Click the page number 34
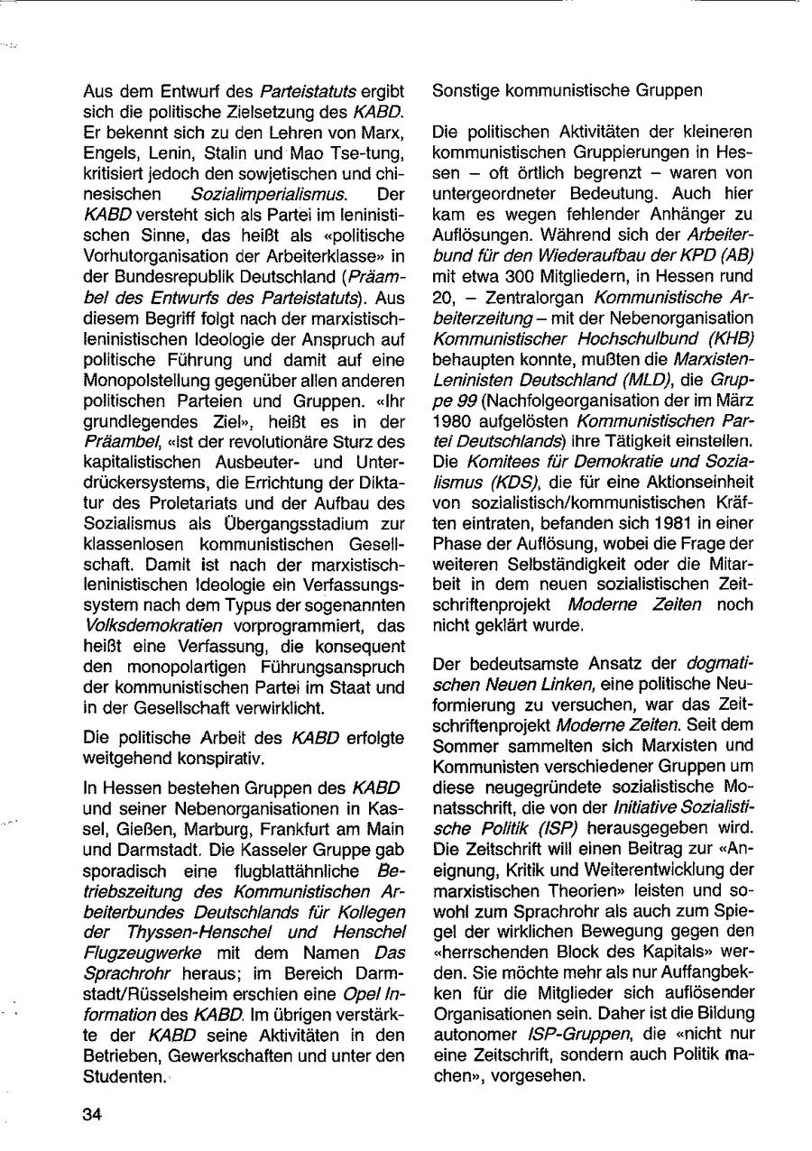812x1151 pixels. click(x=91, y=1113)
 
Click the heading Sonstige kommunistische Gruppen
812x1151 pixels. click(x=567, y=91)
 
